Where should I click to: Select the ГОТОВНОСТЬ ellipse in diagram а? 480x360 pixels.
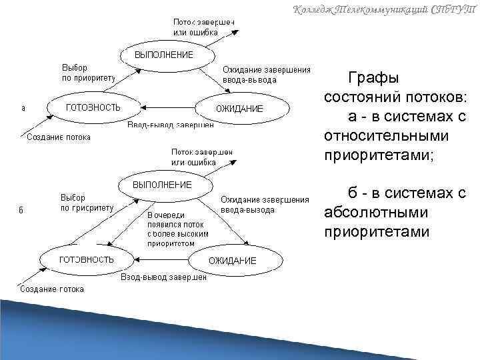[x=93, y=107]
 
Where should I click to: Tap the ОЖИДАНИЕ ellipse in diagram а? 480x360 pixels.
[x=240, y=109]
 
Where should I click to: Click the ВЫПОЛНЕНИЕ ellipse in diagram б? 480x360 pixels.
[x=163, y=184]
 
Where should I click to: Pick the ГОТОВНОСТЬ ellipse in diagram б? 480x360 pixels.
[x=87, y=259]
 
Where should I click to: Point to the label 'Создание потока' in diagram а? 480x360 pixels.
[x=58, y=137]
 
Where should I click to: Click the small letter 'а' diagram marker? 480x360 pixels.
[x=23, y=108]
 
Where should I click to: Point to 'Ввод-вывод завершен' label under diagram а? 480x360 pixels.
[x=171, y=125]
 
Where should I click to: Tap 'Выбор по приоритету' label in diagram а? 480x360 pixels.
[x=88, y=72]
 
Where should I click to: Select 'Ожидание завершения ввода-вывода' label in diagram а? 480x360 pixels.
[x=266, y=74]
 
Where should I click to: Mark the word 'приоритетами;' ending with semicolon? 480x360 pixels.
[x=379, y=155]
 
